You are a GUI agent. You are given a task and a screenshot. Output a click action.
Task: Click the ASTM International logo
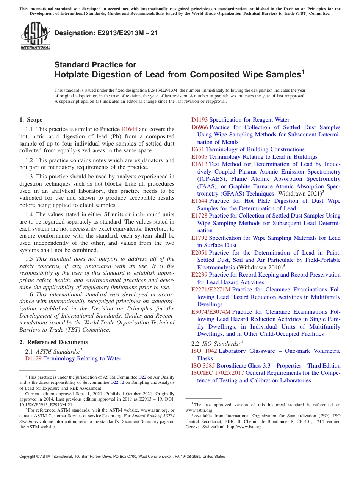[35, 36]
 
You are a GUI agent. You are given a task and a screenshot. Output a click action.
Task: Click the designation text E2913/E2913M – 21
[106, 33]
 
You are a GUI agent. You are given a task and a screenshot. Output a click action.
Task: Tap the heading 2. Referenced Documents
[54, 342]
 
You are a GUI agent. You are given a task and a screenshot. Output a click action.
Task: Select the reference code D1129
[33, 358]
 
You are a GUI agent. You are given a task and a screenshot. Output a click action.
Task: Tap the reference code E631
[198, 149]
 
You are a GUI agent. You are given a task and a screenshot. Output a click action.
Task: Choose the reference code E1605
[199, 157]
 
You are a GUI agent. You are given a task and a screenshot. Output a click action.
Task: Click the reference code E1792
[199, 238]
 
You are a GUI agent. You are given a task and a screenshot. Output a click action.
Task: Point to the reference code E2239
[199, 275]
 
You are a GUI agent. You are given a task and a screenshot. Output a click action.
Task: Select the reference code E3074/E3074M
[211, 312]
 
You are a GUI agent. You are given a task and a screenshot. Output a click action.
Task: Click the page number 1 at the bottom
[180, 465]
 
